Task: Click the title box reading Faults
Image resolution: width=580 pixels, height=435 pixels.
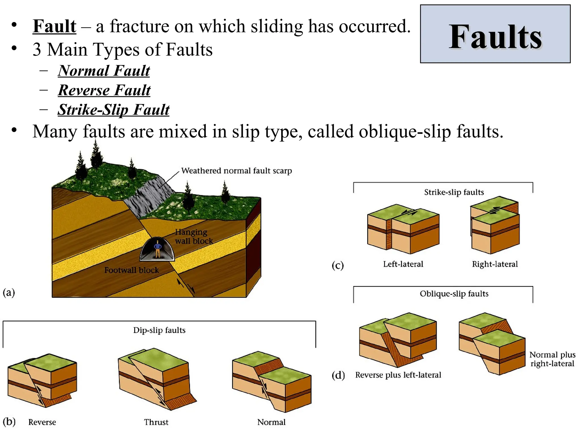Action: pyautogui.click(x=495, y=34)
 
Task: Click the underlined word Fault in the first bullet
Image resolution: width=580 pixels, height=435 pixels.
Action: pyautogui.click(x=54, y=26)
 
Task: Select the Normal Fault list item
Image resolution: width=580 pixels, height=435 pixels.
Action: pyautogui.click(x=104, y=71)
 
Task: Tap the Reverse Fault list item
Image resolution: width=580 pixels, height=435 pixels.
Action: pyautogui.click(x=104, y=90)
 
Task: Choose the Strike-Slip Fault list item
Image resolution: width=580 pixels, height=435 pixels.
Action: pyautogui.click(x=114, y=110)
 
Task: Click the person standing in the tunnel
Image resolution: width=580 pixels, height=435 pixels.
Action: pyautogui.click(x=158, y=249)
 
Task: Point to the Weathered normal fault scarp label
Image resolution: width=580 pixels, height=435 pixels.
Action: pyautogui.click(x=236, y=171)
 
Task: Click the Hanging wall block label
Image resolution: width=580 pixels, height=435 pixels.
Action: pyautogui.click(x=193, y=236)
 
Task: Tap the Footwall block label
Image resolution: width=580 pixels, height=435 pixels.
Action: pyautogui.click(x=131, y=270)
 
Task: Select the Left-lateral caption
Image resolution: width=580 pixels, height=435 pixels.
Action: pyautogui.click(x=403, y=264)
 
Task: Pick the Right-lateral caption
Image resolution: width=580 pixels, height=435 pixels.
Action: pyautogui.click(x=495, y=264)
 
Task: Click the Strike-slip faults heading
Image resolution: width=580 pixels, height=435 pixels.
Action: pyautogui.click(x=454, y=192)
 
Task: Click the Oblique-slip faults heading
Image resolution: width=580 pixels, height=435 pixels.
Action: pyautogui.click(x=454, y=294)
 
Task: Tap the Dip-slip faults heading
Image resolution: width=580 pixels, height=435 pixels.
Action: pyautogui.click(x=159, y=330)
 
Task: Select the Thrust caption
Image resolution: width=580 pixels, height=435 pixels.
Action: pyautogui.click(x=156, y=422)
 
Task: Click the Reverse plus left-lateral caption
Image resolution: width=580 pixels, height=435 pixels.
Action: pyautogui.click(x=398, y=375)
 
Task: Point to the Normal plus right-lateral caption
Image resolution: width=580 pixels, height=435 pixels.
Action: pyautogui.click(x=552, y=359)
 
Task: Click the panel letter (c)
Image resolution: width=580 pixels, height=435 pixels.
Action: pyautogui.click(x=338, y=265)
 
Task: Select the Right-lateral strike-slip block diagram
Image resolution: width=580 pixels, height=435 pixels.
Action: pyautogui.click(x=495, y=225)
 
